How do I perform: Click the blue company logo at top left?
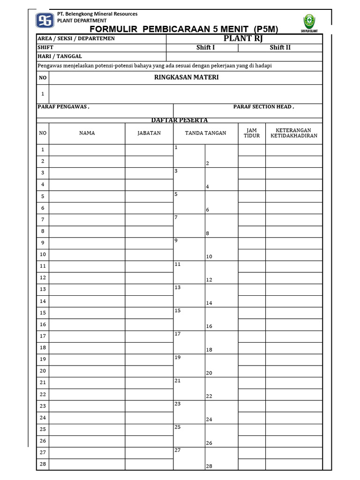pos(45,20)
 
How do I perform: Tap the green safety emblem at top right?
pos(309,22)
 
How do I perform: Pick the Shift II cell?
pos(280,47)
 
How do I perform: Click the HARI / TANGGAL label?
pos(60,56)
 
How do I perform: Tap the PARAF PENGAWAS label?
pos(63,107)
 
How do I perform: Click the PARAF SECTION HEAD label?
pos(263,107)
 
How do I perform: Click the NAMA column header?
pos(87,133)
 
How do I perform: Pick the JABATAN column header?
pos(149,133)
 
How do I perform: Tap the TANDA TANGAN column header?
pos(205,133)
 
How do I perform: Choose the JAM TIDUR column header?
pos(252,133)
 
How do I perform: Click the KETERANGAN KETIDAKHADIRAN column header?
pos(294,133)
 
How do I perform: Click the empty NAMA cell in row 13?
pos(87,289)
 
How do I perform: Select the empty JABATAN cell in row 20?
pos(149,371)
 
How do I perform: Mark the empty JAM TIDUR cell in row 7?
pos(252,219)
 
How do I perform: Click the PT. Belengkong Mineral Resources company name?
pos(97,14)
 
